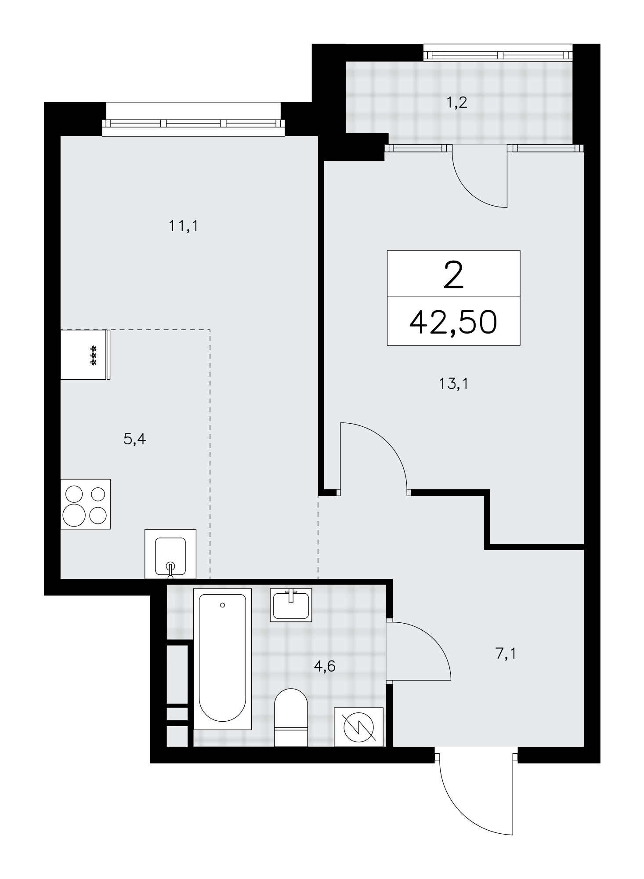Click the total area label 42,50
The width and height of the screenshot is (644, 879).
click(453, 322)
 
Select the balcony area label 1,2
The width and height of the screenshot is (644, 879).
click(457, 103)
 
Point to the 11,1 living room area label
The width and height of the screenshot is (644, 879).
click(184, 226)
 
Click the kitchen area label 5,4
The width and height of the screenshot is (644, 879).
click(135, 439)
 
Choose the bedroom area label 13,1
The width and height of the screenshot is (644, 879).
click(454, 384)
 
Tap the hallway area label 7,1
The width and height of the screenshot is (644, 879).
click(506, 654)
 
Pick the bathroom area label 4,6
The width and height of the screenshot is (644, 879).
click(325, 666)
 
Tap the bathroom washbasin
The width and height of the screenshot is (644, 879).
click(291, 605)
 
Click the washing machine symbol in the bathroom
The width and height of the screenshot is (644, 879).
click(359, 726)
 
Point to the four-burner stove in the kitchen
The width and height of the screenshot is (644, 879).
click(86, 504)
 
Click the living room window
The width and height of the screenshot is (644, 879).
click(193, 124)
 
